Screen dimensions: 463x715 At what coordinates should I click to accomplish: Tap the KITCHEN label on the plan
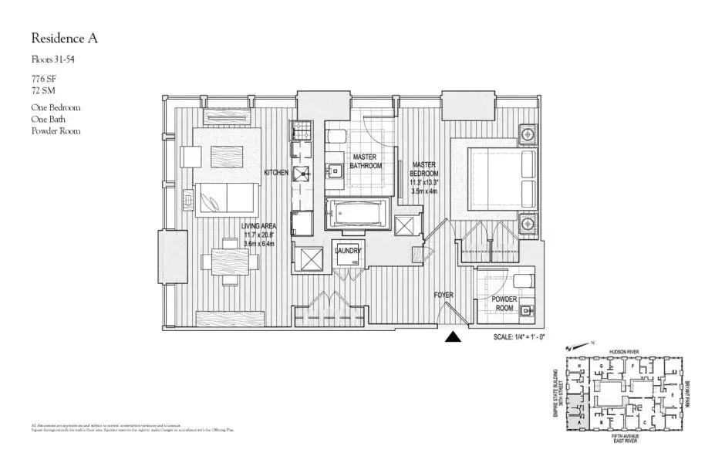(276, 173)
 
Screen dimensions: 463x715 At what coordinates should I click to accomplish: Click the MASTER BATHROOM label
(366, 161)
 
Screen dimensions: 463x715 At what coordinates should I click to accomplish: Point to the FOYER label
(443, 295)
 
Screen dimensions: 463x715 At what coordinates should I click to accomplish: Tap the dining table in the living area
(229, 261)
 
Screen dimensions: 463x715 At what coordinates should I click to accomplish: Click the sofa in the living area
(227, 198)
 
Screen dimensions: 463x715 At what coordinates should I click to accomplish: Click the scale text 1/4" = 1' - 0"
(532, 337)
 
